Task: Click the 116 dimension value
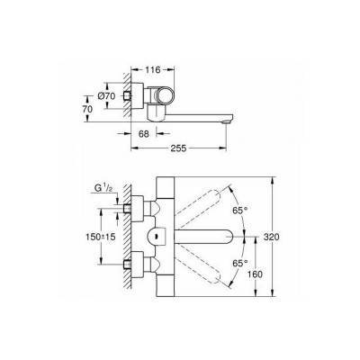[153, 70]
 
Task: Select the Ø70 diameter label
[106, 96]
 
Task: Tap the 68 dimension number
[144, 134]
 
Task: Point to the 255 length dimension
[179, 148]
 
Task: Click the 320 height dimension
[271, 237]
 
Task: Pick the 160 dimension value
[255, 274]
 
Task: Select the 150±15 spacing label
[101, 237]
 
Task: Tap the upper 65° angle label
[240, 210]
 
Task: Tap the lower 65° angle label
[240, 263]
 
